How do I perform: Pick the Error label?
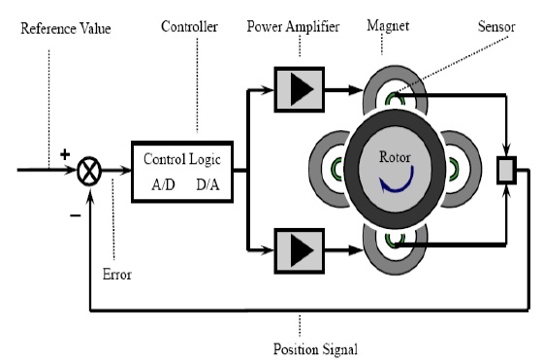pyautogui.click(x=116, y=275)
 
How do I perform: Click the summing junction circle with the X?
pyautogui.click(x=90, y=172)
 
